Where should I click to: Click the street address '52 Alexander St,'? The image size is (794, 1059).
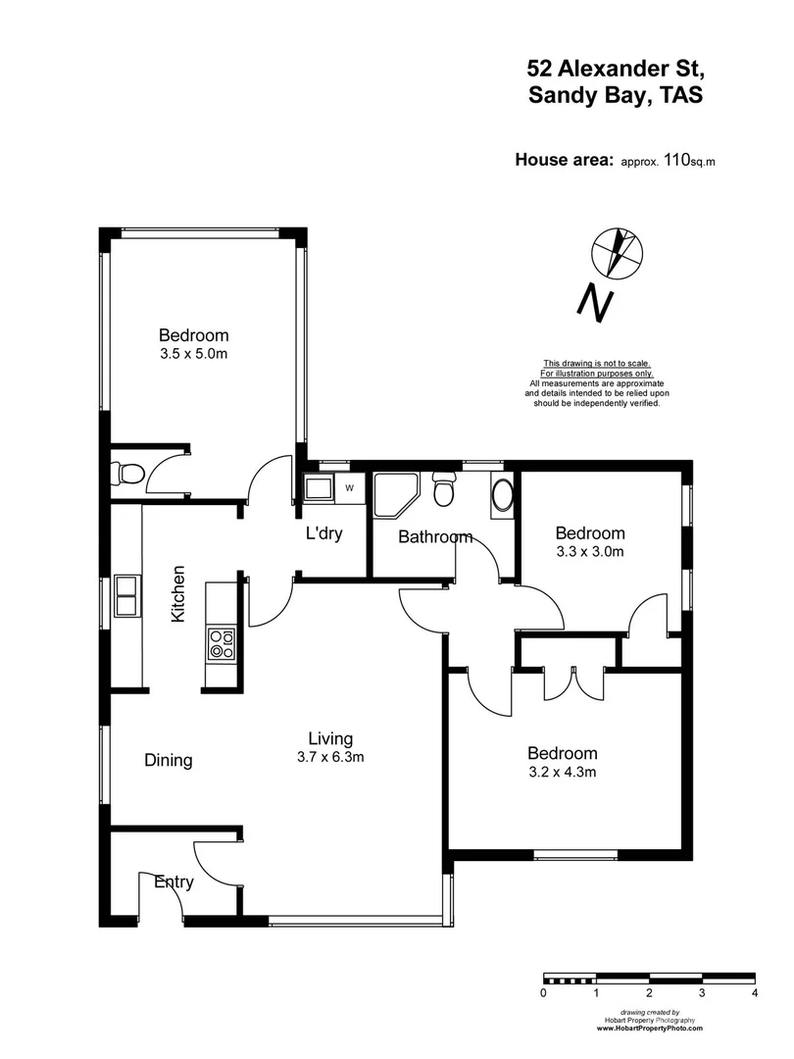pyautogui.click(x=615, y=68)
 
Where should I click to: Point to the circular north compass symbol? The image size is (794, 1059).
pyautogui.click(x=618, y=252)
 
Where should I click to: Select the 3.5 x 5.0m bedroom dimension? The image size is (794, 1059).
pyautogui.click(x=194, y=354)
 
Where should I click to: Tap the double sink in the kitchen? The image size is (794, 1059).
pyautogui.click(x=126, y=595)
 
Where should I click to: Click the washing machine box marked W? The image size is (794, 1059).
pyautogui.click(x=348, y=487)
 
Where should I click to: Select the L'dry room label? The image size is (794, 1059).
pyautogui.click(x=324, y=536)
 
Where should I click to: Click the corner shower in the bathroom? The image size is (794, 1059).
pyautogui.click(x=395, y=494)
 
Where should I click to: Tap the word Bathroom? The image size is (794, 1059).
pyautogui.click(x=434, y=537)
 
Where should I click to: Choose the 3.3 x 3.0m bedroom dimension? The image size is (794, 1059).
pyautogui.click(x=590, y=552)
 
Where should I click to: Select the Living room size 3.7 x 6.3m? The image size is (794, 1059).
pyautogui.click(x=330, y=757)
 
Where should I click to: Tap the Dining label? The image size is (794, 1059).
pyautogui.click(x=169, y=760)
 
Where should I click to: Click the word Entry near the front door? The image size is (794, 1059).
pyautogui.click(x=174, y=882)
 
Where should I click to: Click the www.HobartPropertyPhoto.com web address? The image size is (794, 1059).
pyautogui.click(x=650, y=1028)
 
